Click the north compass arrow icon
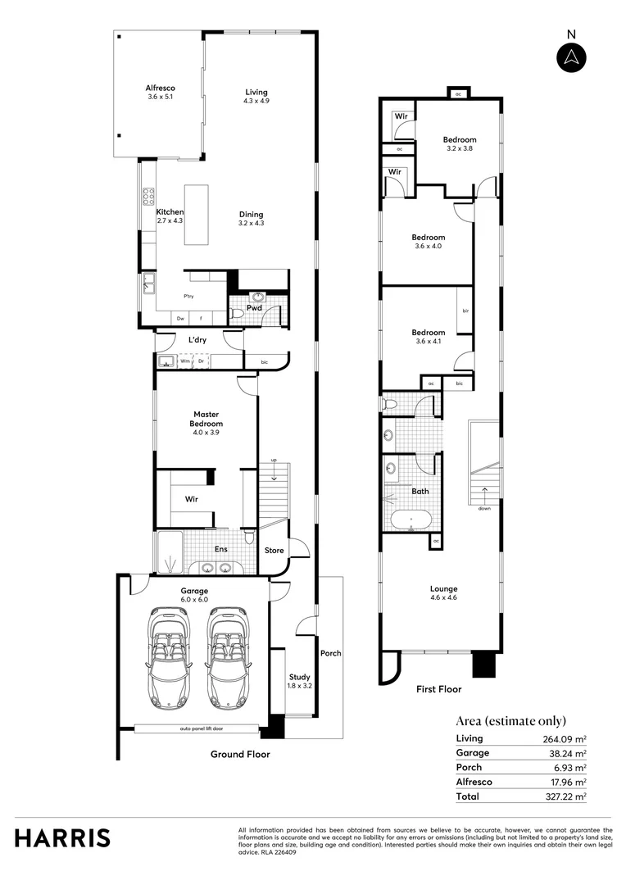pos(571,57)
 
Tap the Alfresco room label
pos(161,93)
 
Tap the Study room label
pos(298,681)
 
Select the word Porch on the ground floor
pos(331,653)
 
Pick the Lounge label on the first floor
pos(443,592)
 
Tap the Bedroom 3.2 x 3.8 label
pos(460,144)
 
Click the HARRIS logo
pos(62,838)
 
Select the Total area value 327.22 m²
pos(567,796)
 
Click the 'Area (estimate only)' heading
pos(510,721)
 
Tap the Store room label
pos(274,550)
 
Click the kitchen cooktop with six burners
pos(150,196)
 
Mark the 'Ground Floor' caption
pos(240,754)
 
